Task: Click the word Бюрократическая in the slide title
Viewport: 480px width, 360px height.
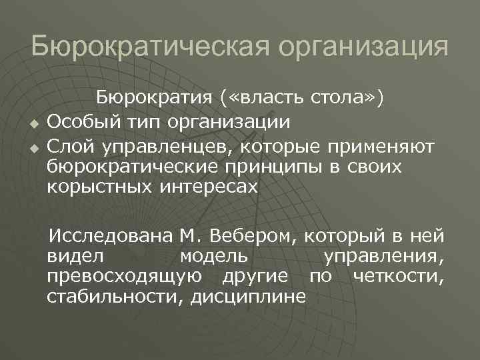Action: pyautogui.click(x=146, y=49)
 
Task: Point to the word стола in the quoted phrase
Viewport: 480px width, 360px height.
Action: pyautogui.click(x=343, y=99)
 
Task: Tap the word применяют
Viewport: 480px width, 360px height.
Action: pyautogui.click(x=381, y=145)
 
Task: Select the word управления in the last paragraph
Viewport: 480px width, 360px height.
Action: pyautogui.click(x=385, y=257)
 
